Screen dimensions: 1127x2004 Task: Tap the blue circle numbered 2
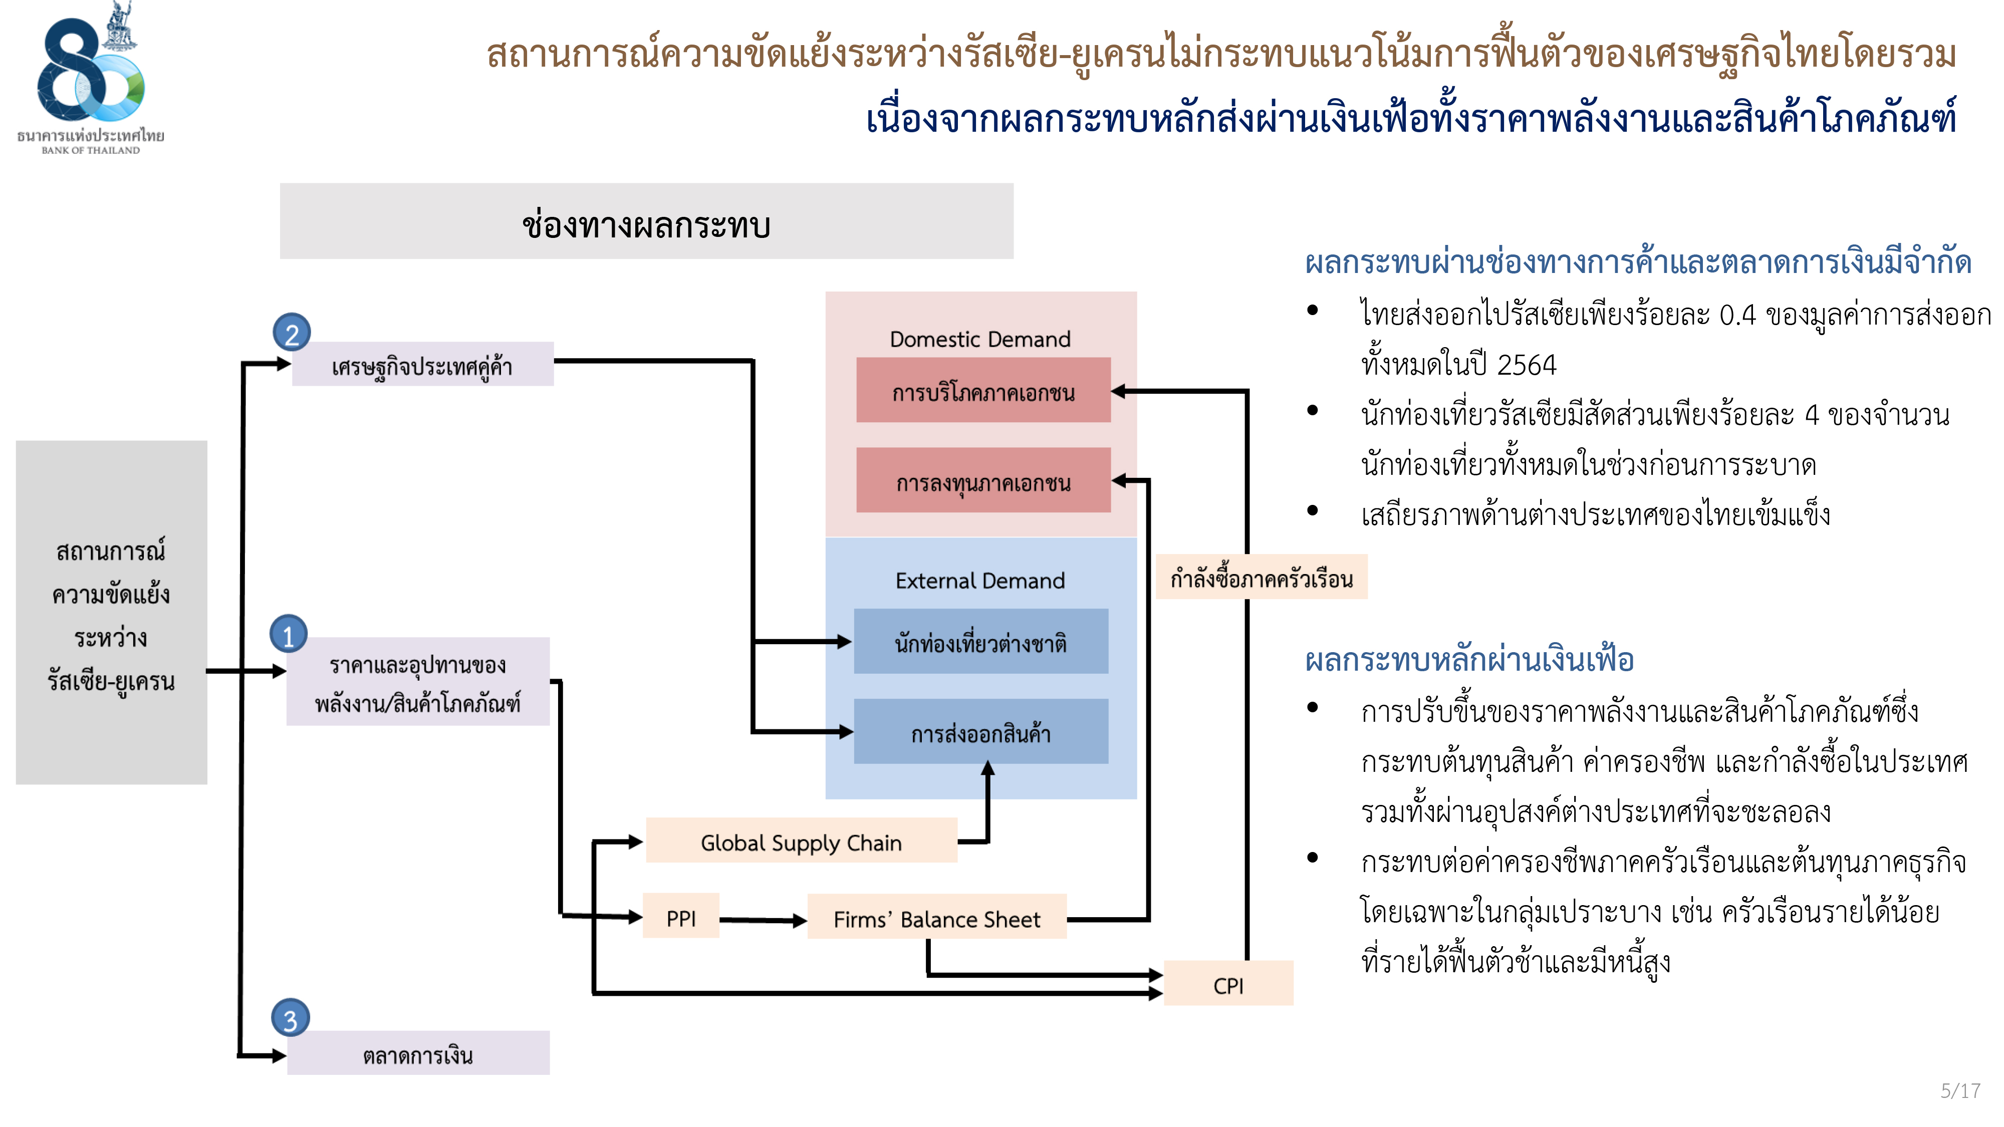coord(292,333)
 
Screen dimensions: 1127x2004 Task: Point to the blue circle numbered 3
coord(290,1019)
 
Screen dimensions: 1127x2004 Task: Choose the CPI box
coord(1228,985)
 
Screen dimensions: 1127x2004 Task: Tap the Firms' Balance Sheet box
coord(937,919)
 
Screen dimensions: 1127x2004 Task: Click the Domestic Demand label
coord(980,339)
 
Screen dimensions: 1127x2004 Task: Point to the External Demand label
coord(980,580)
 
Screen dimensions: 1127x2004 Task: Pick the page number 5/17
coord(1959,1090)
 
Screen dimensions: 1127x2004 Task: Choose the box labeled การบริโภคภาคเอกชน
coord(983,391)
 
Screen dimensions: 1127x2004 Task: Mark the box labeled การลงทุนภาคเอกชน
coord(983,481)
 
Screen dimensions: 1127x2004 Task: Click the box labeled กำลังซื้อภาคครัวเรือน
coord(1261,578)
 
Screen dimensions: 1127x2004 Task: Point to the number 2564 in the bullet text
coord(1527,365)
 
